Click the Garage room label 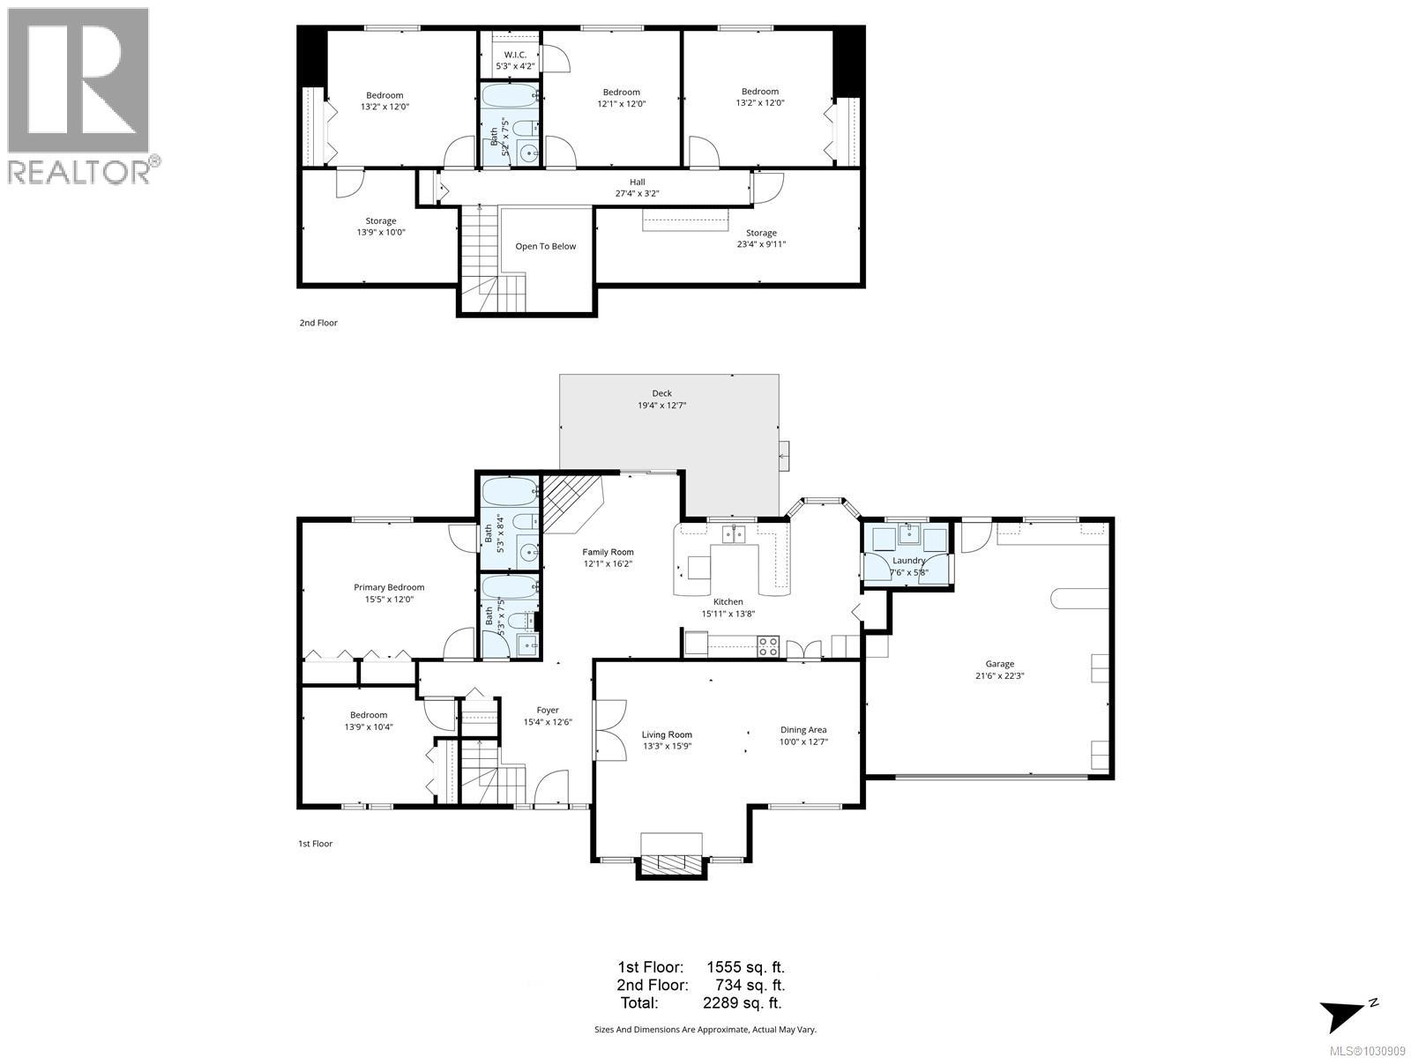pyautogui.click(x=1000, y=664)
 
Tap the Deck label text pyautogui.click(x=661, y=393)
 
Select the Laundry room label pyautogui.click(x=908, y=560)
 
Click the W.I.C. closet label pyautogui.click(x=515, y=55)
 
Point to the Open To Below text pyautogui.click(x=545, y=246)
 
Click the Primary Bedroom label pyautogui.click(x=389, y=587)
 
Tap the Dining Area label pyautogui.click(x=803, y=729)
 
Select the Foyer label pyautogui.click(x=548, y=710)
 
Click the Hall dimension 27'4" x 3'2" pyautogui.click(x=637, y=193)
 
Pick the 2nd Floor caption pyautogui.click(x=318, y=323)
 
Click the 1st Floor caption pyautogui.click(x=315, y=844)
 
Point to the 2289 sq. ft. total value pyautogui.click(x=742, y=1002)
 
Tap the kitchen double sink pyautogui.click(x=734, y=533)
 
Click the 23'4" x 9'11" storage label pyautogui.click(x=761, y=244)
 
